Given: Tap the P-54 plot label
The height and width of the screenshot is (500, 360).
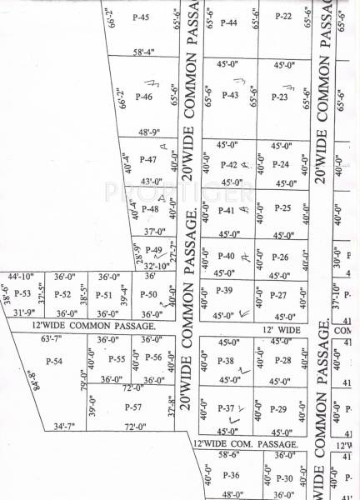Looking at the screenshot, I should (54, 361).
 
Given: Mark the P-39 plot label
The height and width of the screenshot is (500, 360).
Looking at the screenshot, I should (223, 290).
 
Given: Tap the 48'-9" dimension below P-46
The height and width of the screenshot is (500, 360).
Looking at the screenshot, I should (148, 132).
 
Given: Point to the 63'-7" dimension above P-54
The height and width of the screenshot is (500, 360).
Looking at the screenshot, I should (52, 339).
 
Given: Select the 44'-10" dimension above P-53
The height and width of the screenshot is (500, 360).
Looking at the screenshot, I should (21, 276).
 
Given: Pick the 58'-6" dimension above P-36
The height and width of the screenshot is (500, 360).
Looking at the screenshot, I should (228, 456).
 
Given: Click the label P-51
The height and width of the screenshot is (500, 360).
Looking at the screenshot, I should (103, 294).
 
